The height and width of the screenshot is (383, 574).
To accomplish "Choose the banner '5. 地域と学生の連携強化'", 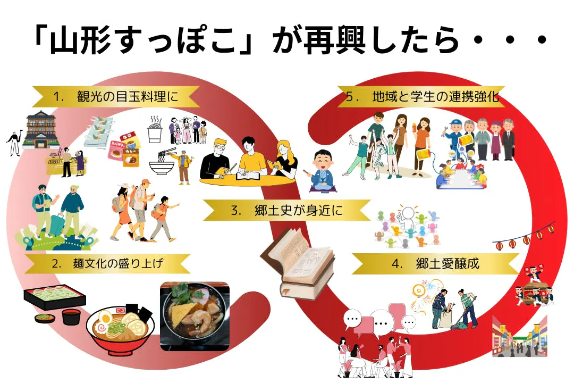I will click(x=420, y=97).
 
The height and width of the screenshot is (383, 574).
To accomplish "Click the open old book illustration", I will click(x=298, y=261).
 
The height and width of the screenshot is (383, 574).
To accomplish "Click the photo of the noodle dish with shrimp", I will click(x=195, y=317).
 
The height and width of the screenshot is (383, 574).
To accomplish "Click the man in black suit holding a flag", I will click(x=13, y=141).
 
